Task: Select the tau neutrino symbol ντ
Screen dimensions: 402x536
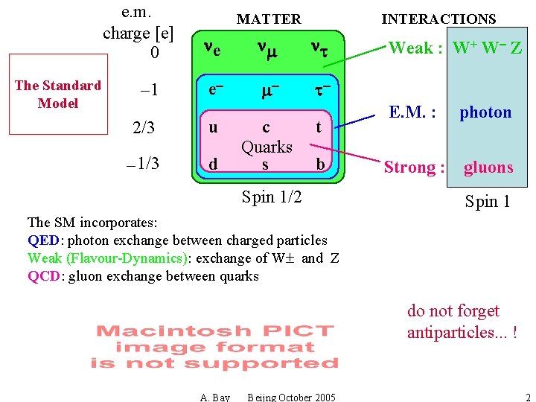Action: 320,49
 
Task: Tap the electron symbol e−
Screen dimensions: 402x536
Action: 216,89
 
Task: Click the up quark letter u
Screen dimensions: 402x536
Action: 214,127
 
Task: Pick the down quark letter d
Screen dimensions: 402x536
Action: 214,163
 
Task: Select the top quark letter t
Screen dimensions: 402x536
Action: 319,127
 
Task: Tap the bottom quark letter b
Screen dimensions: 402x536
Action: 320,163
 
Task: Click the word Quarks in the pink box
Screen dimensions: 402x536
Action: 267,146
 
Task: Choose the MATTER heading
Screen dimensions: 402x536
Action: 269,19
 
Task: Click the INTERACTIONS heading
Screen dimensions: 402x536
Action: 438,19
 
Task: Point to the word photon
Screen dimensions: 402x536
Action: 485,112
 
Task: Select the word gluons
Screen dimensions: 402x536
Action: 488,167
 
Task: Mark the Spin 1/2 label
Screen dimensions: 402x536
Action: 272,197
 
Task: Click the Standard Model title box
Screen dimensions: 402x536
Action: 58,95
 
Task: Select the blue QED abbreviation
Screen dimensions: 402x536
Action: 44,240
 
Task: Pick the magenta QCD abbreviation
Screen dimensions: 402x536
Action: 44,276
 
